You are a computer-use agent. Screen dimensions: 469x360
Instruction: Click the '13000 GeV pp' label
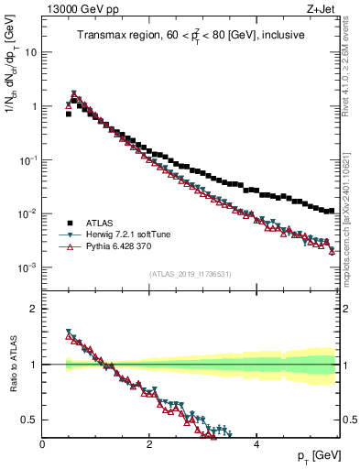tap(76, 9)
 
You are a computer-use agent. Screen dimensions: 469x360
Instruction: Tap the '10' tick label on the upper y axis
tap(30, 52)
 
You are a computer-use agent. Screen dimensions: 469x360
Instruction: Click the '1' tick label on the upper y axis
tap(33, 106)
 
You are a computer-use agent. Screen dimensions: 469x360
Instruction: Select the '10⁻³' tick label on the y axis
tap(27, 267)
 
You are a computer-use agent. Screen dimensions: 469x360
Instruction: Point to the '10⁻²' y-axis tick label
tap(27, 213)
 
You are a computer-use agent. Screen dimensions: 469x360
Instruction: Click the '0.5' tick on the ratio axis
tap(29, 420)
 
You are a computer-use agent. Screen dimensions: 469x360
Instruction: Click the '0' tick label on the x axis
tap(42, 444)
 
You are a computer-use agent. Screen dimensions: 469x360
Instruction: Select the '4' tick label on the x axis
tap(256, 444)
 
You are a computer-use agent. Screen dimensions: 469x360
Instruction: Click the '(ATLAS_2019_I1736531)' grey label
tap(191, 274)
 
